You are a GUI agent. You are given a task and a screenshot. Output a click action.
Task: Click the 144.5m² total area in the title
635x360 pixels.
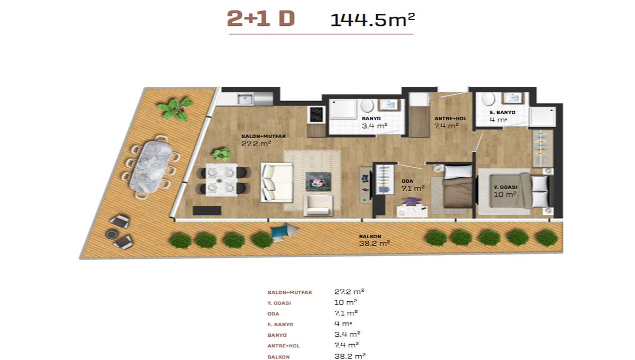click(373, 20)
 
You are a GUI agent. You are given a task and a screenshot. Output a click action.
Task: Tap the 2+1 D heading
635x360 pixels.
click(261, 19)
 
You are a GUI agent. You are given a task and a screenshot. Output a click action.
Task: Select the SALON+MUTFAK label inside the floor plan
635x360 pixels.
click(264, 136)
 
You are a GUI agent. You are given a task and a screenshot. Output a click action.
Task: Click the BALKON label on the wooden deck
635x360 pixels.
click(370, 236)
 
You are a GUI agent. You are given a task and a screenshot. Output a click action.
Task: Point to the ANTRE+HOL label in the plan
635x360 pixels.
click(450, 119)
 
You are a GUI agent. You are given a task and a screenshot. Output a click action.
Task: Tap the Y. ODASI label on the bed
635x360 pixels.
click(505, 187)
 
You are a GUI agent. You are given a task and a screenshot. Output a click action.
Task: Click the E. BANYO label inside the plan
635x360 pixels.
click(502, 112)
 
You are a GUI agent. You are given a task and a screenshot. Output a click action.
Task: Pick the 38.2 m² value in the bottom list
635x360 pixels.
click(350, 356)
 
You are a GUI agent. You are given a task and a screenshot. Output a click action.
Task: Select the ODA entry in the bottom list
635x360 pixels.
click(273, 314)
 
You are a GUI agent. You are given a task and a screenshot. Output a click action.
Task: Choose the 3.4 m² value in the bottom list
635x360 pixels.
click(347, 334)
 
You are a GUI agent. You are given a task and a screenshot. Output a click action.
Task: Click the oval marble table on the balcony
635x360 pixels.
click(150, 167)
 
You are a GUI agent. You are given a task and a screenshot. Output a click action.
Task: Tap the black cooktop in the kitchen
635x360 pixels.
click(316, 114)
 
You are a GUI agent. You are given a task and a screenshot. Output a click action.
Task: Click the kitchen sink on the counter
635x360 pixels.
click(245, 100)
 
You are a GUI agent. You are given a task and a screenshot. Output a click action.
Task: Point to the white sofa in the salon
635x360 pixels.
click(277, 183)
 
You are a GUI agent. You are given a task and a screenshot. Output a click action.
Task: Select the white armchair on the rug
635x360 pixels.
click(318, 205)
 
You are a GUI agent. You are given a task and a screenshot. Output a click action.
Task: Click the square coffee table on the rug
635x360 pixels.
click(318, 182)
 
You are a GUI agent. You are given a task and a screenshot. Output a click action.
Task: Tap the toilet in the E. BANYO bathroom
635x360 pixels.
click(488, 98)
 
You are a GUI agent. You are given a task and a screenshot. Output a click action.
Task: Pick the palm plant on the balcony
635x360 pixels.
click(176, 109)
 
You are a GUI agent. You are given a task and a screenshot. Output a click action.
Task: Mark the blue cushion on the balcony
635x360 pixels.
click(278, 232)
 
